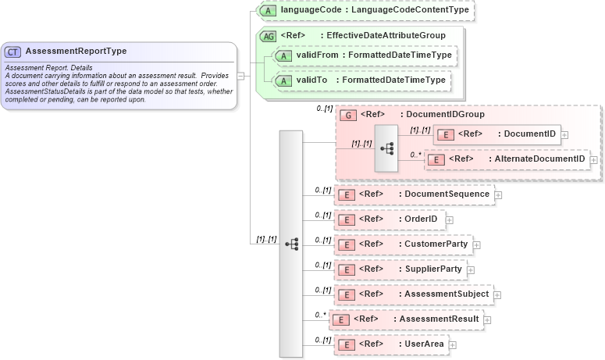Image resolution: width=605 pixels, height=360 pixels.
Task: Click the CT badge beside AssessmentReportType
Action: (x=13, y=52)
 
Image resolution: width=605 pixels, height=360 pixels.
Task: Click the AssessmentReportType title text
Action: (x=76, y=52)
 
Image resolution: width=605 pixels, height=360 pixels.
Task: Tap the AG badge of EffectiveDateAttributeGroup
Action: (x=268, y=36)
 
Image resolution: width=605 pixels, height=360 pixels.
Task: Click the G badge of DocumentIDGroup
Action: (x=348, y=115)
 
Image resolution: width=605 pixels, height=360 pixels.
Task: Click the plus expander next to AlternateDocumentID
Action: (x=594, y=159)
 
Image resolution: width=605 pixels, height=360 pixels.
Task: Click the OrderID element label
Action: (x=420, y=219)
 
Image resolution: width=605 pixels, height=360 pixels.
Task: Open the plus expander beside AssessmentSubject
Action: (x=497, y=294)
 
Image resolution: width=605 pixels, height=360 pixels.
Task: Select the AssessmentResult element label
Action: (x=437, y=319)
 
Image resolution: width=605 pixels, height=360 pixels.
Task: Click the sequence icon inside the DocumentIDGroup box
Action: (x=386, y=148)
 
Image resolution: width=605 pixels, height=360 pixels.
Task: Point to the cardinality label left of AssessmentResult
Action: (x=320, y=315)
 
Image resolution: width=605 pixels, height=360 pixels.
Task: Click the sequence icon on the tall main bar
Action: (x=291, y=244)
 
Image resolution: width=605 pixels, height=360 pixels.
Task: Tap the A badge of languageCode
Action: (x=267, y=11)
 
